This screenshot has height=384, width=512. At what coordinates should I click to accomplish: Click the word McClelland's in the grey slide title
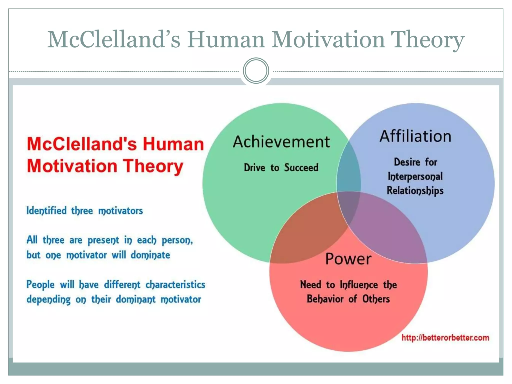click(114, 39)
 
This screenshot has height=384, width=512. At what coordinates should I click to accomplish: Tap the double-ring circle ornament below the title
click(256, 71)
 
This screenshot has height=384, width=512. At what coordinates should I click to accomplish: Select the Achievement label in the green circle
click(281, 142)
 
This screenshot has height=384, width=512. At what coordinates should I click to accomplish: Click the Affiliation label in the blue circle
click(415, 136)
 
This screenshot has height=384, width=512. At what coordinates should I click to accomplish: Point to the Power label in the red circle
click(348, 259)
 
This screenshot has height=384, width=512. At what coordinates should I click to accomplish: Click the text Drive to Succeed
click(281, 167)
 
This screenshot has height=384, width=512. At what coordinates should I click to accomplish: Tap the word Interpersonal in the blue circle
click(415, 176)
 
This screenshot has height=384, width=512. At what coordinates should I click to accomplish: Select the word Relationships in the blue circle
click(415, 190)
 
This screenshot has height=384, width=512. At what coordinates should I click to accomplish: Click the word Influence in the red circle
click(359, 285)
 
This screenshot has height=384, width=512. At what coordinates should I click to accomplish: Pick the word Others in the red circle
click(376, 299)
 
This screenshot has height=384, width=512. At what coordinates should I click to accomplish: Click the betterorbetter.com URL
click(445, 338)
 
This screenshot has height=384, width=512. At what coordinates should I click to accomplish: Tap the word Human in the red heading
click(173, 144)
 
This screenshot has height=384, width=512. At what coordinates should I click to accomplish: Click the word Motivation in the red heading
click(72, 166)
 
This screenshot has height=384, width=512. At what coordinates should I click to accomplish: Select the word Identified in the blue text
click(47, 211)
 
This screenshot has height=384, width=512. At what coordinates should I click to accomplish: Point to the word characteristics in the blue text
click(175, 285)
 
